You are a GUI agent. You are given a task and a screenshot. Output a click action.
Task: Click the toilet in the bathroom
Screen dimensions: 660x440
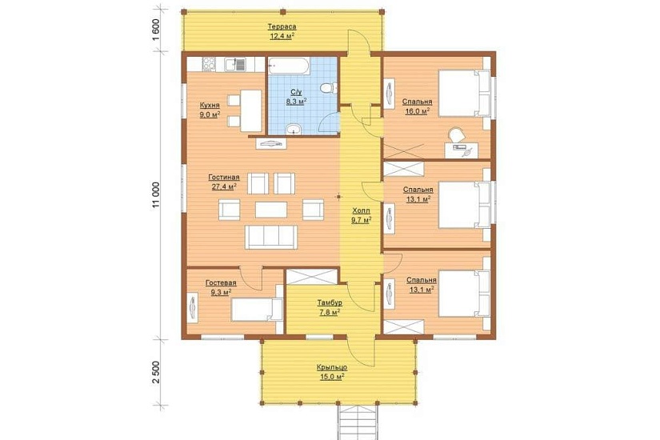pos(329,88)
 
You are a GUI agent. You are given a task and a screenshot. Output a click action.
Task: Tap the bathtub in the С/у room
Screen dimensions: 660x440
pos(289,66)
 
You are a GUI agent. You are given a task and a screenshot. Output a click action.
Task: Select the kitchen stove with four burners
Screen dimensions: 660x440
pos(209,64)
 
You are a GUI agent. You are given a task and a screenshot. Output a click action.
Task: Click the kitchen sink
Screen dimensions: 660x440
pos(234,65)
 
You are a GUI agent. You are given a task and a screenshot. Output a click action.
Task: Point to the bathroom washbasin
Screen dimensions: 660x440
pos(294,130)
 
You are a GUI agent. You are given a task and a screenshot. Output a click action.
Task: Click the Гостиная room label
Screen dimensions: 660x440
pos(223,178)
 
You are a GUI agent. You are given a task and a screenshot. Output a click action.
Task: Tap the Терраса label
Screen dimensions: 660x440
pos(282,26)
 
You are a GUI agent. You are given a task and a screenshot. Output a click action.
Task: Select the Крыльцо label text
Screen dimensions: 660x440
pos(332,367)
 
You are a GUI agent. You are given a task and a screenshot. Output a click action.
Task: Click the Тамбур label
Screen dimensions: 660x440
pos(330,302)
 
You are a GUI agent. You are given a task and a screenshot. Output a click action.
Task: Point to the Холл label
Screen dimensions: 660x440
pos(361,210)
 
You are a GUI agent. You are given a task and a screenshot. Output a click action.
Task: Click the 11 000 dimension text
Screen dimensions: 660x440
pos(157,195)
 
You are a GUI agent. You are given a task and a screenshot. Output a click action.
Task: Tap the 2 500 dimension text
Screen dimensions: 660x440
pos(157,372)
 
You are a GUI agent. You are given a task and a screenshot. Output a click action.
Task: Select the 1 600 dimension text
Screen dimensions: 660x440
pos(157,30)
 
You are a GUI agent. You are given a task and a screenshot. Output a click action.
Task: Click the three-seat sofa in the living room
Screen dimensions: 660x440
pos(271,237)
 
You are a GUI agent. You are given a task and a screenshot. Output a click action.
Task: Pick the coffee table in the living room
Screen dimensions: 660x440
pos(271,210)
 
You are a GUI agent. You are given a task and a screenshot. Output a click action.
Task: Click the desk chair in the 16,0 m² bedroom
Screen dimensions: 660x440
pos(456,135)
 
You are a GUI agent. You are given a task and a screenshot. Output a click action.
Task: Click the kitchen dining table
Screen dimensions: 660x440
pos(251,110)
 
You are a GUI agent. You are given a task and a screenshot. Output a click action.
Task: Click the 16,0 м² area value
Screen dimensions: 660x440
pos(417,111)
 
